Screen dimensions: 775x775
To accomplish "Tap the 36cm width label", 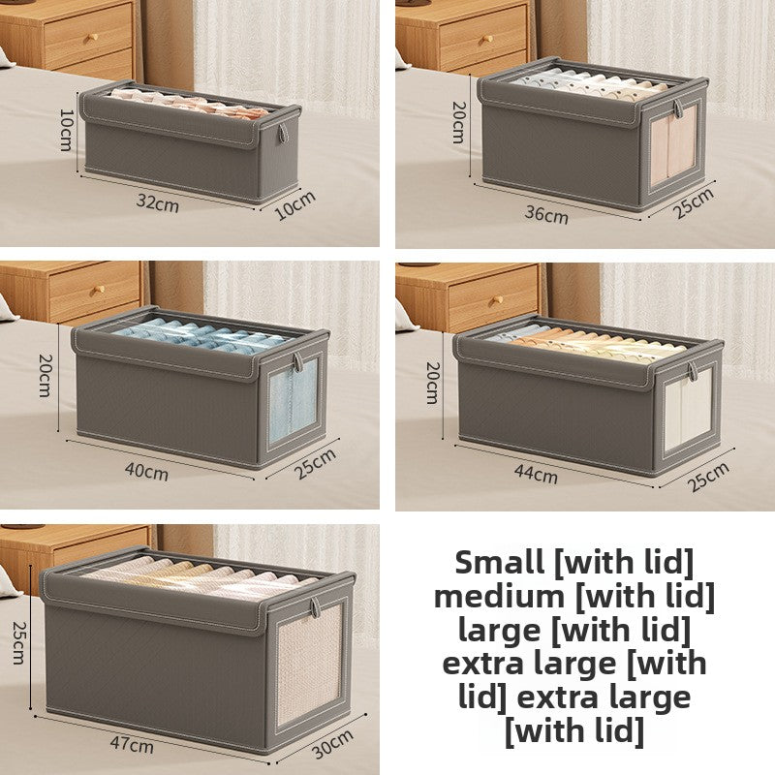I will pos(546,215).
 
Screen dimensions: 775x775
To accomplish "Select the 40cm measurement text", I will pos(147,472).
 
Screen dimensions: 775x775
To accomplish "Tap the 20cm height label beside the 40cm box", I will pos(44,374).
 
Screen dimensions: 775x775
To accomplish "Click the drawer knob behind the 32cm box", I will pos(94,38).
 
